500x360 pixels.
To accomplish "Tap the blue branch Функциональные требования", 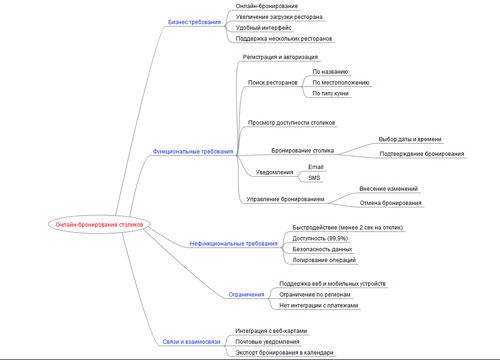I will pos(193,151).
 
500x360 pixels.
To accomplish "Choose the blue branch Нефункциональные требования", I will pos(234,244).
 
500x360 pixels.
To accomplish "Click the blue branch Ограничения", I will pos(246,295).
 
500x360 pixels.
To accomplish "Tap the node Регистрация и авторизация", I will pos(280,57).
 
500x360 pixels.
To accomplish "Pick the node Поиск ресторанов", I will pos(273,82).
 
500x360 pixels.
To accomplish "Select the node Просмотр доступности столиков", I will pos(292,123).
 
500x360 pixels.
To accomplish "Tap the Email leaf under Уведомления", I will pos(316,166).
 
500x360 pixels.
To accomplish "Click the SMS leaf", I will pos(314,177).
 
